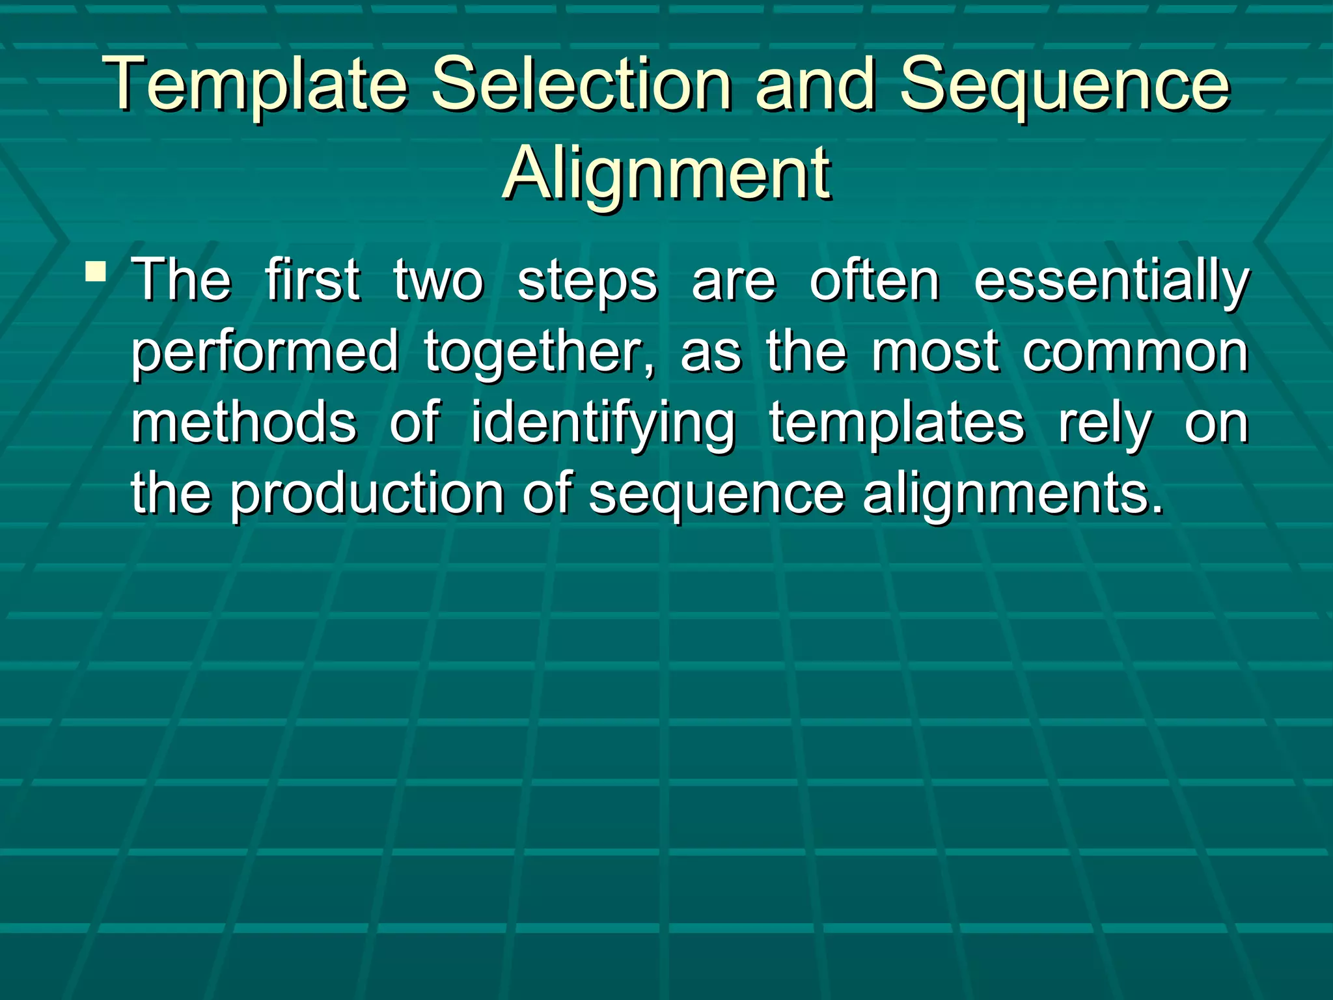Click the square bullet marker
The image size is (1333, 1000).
pyautogui.click(x=96, y=270)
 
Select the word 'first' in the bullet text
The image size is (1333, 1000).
pyautogui.click(x=312, y=281)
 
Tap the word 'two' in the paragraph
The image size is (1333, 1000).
pyautogui.click(x=438, y=281)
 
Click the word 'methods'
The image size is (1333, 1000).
pyautogui.click(x=244, y=423)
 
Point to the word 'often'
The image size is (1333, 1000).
pyautogui.click(x=874, y=281)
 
